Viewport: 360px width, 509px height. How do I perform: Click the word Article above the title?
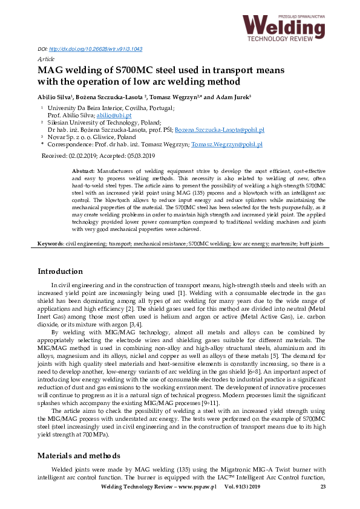coord(46,59)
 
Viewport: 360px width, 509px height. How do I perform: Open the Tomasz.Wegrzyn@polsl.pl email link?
coord(226,145)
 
